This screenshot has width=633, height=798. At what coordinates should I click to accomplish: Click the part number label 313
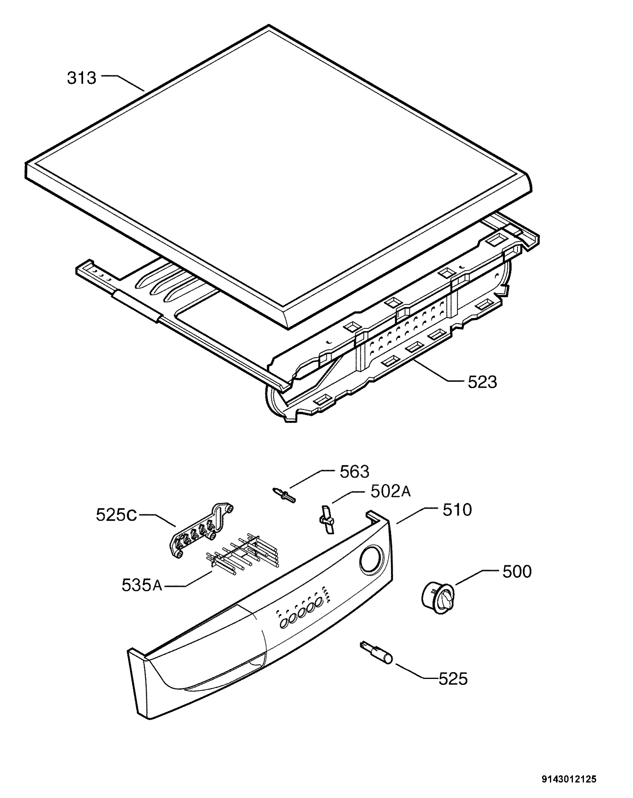tap(81, 78)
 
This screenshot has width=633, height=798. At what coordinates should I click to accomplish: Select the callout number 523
tap(482, 382)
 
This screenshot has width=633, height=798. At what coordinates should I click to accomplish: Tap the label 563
tap(354, 472)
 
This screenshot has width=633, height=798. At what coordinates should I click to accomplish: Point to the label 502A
tap(390, 492)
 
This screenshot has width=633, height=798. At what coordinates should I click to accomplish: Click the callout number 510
tap(457, 510)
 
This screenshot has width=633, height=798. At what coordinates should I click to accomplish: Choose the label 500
tap(517, 572)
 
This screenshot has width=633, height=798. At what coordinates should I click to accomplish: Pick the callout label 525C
tap(116, 515)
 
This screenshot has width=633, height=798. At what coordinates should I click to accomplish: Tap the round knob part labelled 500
tap(437, 599)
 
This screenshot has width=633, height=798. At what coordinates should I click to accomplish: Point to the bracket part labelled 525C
tap(201, 531)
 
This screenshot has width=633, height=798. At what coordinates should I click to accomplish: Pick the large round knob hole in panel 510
tap(372, 559)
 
